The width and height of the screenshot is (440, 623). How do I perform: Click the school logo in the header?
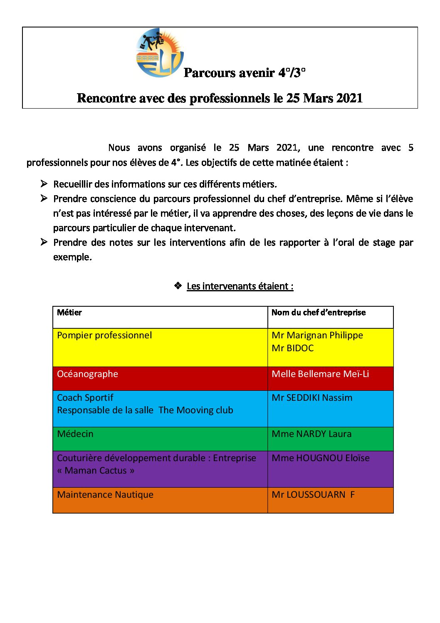coord(159,53)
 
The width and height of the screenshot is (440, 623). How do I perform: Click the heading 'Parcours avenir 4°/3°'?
coord(245,73)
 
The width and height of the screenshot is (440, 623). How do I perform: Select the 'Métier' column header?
coord(69,313)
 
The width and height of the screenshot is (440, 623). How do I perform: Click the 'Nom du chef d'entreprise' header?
coord(319,313)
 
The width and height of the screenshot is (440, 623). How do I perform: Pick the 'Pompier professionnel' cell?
coord(104,335)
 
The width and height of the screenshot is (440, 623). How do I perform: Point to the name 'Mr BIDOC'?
coord(292,348)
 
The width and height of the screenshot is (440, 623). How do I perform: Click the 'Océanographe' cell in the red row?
coord(87,374)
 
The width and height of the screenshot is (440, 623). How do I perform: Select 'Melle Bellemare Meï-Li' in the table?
coord(320,374)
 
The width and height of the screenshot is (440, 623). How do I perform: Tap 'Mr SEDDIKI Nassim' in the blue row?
coord(312,398)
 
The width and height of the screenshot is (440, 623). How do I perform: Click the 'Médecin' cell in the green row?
coord(75,434)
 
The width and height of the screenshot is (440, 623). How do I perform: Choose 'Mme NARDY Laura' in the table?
coord(311,434)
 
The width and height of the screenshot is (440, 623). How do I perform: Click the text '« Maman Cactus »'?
coord(96,471)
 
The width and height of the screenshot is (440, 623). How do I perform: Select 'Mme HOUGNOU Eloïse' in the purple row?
coord(321,458)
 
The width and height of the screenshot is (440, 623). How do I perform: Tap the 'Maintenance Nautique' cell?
coord(105,495)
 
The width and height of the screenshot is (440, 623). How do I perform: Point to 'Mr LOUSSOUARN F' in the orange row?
coord(313,495)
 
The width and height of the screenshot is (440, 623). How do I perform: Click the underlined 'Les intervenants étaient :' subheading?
coord(240,286)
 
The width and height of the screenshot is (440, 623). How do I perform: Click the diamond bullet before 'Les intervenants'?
coord(178,286)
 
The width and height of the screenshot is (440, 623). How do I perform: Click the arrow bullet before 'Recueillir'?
coord(44,184)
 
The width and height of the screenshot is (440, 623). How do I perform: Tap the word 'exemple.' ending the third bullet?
coord(72,257)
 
